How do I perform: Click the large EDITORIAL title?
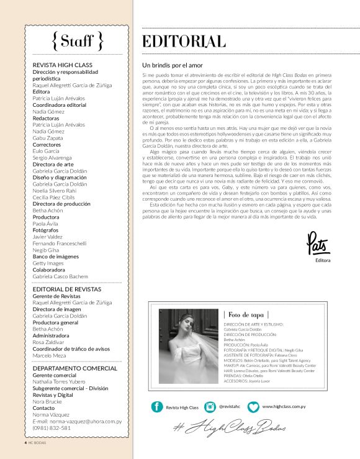[x=184, y=42]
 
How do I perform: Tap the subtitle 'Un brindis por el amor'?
[x=177, y=65]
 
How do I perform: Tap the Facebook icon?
[x=157, y=407]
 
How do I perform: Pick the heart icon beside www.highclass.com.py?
[x=253, y=407]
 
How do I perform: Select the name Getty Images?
[x=49, y=263]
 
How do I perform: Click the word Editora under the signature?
[x=323, y=261]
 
